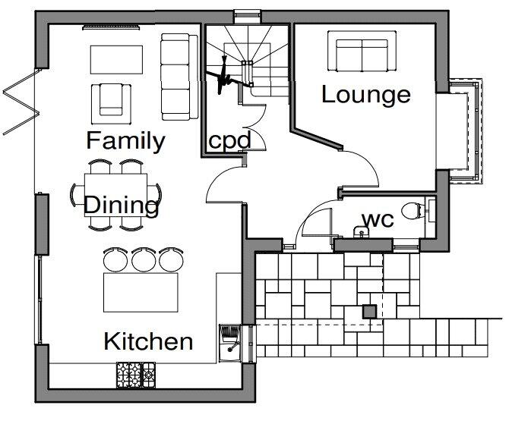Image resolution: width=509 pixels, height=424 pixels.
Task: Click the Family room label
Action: coord(125,140)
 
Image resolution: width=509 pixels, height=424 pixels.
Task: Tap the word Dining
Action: coord(122,205)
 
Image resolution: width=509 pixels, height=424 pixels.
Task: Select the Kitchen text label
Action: coord(148,341)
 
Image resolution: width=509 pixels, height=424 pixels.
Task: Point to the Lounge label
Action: coord(365,95)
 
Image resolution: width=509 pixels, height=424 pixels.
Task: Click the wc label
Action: coord(377,219)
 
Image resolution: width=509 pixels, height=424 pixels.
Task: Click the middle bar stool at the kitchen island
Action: coord(143,259)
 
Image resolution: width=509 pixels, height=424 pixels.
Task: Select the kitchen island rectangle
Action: coord(141,292)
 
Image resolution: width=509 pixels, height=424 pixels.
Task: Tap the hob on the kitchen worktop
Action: coord(135,372)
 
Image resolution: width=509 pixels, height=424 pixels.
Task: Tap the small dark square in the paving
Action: coord(369,311)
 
